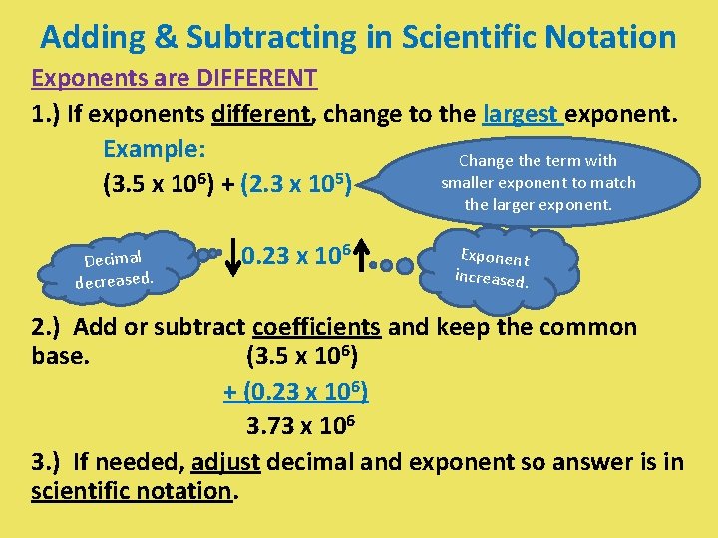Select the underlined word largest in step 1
tap(523, 114)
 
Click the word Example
tap(154, 149)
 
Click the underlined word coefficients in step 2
tap(316, 328)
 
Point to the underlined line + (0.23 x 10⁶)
tap(296, 392)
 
